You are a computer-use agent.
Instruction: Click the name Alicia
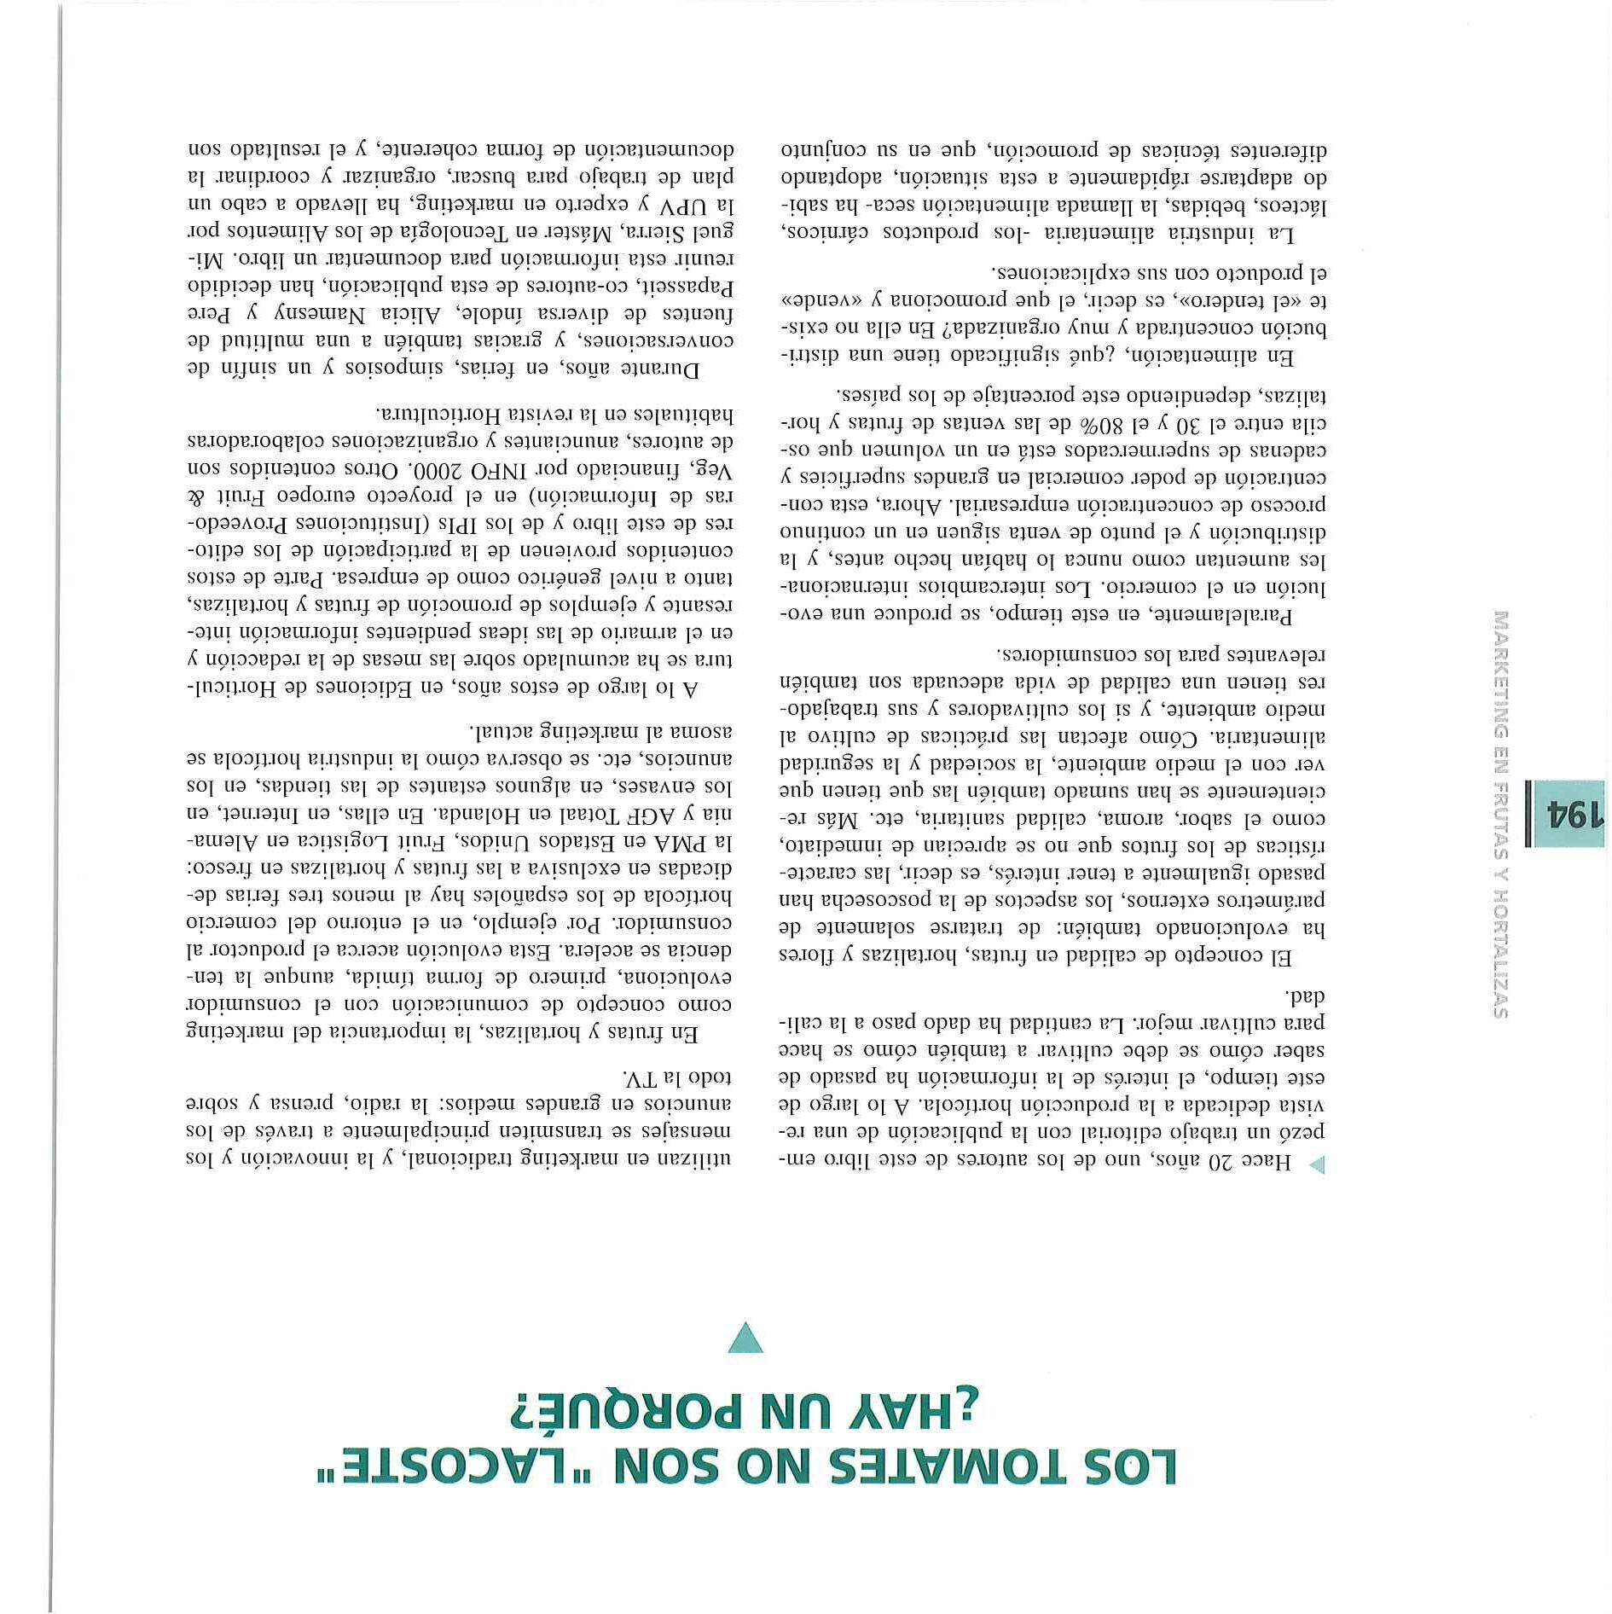pos(427,311)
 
